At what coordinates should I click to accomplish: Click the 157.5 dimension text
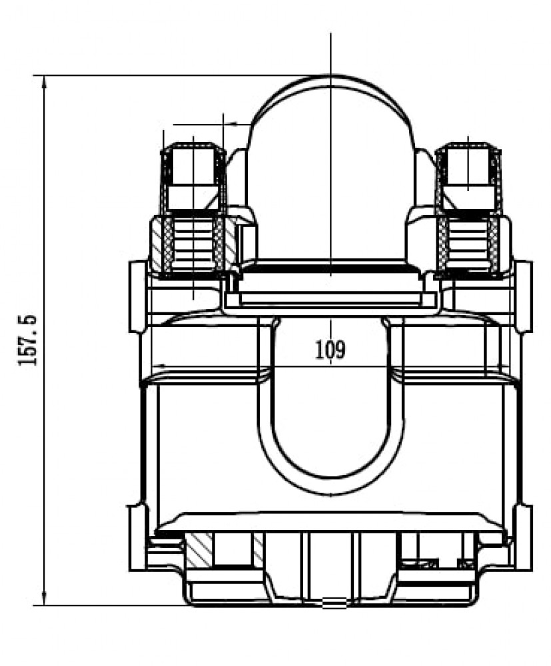click(28, 340)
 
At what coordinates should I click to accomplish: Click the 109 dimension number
click(330, 350)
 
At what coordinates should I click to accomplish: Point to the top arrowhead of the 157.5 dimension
click(44, 81)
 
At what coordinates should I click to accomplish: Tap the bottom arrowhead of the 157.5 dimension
click(44, 600)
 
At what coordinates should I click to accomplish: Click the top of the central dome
click(330, 77)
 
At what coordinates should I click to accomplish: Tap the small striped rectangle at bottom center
click(334, 603)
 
